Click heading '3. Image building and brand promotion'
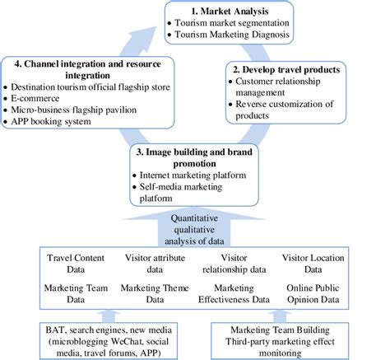193,157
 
